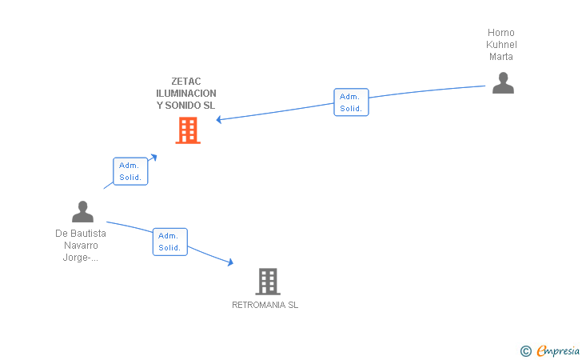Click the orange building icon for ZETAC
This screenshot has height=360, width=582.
(x=188, y=130)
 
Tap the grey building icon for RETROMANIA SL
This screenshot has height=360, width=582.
(x=268, y=282)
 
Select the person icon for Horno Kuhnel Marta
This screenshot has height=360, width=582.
(x=502, y=83)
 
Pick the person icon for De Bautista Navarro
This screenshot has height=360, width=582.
(x=82, y=212)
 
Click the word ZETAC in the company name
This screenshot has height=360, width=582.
(x=186, y=81)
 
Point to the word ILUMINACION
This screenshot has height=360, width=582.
(x=186, y=93)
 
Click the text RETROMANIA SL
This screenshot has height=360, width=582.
(x=265, y=305)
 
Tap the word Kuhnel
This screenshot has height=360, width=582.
(x=501, y=45)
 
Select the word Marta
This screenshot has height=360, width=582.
(x=501, y=57)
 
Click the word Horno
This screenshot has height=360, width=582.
(x=501, y=33)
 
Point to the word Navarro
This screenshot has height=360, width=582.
(x=81, y=246)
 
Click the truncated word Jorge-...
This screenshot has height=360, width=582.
(x=81, y=258)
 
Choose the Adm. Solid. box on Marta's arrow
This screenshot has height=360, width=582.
(x=351, y=102)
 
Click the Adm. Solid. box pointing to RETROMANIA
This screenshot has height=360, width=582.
(x=169, y=242)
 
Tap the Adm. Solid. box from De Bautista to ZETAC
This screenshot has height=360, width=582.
(x=130, y=171)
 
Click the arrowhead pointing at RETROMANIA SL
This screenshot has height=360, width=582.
(x=230, y=262)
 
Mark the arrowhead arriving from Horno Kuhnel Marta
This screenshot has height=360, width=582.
(x=219, y=120)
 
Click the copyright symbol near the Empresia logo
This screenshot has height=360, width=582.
(x=525, y=350)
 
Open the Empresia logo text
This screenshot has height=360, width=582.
(x=558, y=350)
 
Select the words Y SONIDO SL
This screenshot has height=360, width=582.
(x=186, y=105)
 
